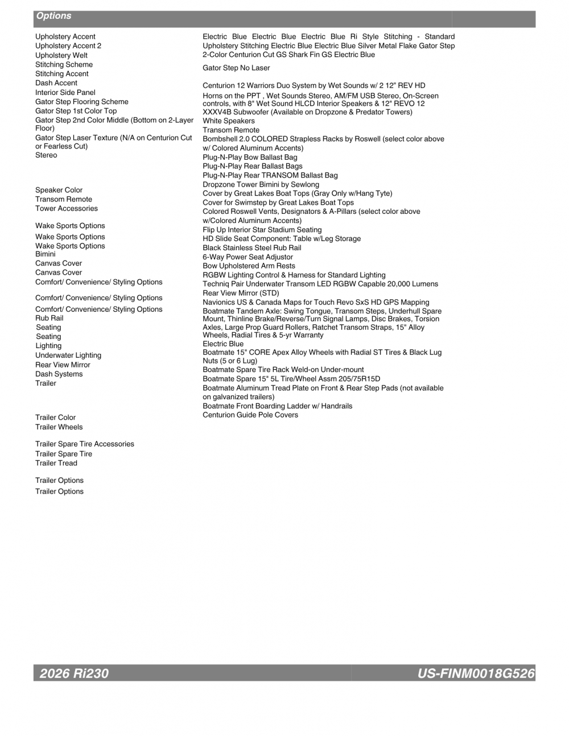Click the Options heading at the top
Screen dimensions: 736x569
(x=54, y=16)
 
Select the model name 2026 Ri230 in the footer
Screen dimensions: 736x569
(x=74, y=673)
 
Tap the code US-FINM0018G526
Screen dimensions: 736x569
(x=476, y=673)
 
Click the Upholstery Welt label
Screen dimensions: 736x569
(x=61, y=55)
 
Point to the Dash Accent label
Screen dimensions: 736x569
(x=56, y=83)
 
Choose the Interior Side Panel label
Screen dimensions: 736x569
(x=65, y=92)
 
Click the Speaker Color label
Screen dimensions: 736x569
(x=59, y=190)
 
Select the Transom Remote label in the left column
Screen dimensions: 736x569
(x=64, y=199)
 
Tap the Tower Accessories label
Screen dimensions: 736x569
(x=67, y=208)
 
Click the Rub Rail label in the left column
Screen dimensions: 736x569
(x=50, y=318)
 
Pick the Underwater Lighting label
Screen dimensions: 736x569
(x=68, y=355)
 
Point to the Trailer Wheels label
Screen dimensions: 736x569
(x=59, y=427)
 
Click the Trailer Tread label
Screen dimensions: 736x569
(x=56, y=463)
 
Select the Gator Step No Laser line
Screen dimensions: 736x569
(x=236, y=68)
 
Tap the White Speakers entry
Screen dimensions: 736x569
(x=229, y=121)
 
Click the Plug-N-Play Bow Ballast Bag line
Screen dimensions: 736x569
(x=250, y=157)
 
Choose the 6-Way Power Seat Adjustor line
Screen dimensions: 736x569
(x=248, y=257)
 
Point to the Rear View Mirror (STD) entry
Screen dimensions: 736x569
(x=241, y=293)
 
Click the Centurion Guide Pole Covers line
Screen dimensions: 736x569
(x=250, y=415)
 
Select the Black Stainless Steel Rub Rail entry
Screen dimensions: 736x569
(x=252, y=248)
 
